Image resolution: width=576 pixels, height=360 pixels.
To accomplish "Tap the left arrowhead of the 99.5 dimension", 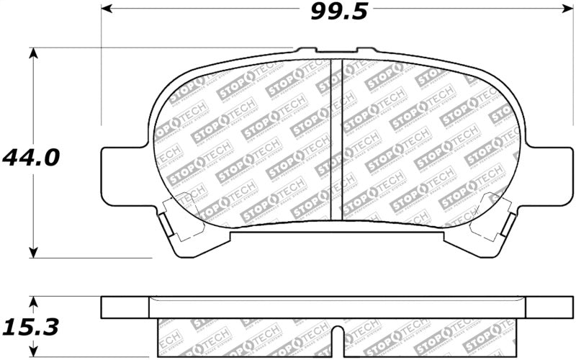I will (106, 9).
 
